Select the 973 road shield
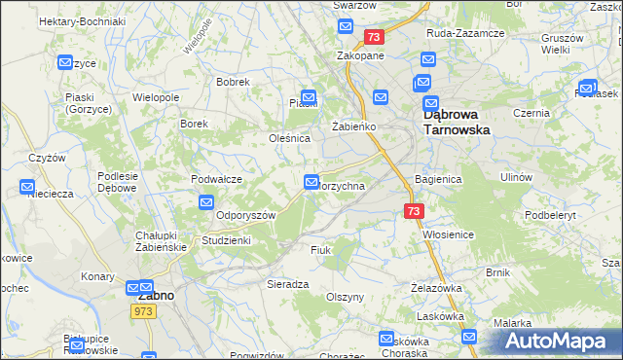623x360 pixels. (x=145, y=310)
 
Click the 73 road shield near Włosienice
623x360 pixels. (x=414, y=210)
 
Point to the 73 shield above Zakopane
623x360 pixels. (x=375, y=37)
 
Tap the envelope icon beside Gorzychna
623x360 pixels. (x=311, y=182)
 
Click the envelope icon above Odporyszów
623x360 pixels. (x=206, y=202)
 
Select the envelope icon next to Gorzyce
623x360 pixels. (x=65, y=63)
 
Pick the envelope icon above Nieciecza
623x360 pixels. (x=26, y=187)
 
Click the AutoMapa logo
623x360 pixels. (x=557, y=341)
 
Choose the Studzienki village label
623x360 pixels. (x=226, y=239)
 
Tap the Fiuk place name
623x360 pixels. (x=321, y=250)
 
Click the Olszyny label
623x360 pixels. (x=345, y=297)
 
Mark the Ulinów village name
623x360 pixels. (x=515, y=177)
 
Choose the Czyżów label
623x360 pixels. (x=47, y=158)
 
